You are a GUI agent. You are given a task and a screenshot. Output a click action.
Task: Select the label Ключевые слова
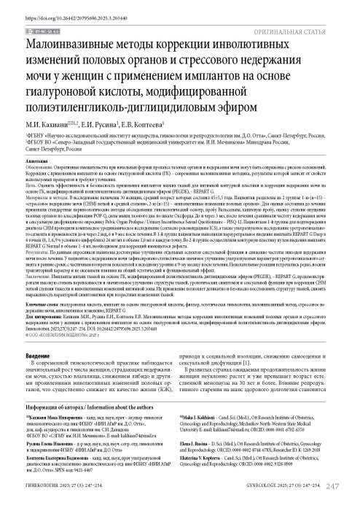click(x=41, y=319)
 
